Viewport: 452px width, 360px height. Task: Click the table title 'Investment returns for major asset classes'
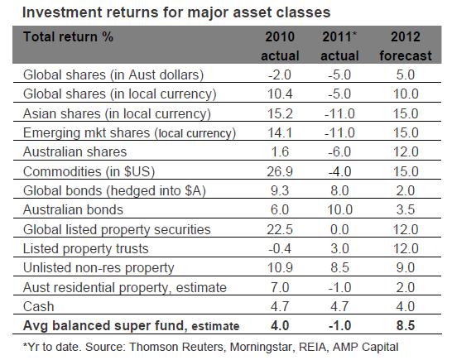tap(176, 13)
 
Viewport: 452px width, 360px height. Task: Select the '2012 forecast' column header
tap(406, 46)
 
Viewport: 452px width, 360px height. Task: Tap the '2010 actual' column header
tap(280, 46)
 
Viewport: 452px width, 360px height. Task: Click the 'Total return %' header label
tap(68, 37)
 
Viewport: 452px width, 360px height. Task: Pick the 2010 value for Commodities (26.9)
tap(280, 172)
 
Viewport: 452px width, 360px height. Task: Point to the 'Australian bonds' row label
tap(73, 210)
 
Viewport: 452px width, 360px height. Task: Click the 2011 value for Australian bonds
tap(340, 210)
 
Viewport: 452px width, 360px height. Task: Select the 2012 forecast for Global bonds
tap(406, 191)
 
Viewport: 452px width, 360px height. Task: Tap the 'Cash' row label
tap(39, 307)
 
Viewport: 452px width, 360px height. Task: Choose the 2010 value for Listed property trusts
tap(280, 249)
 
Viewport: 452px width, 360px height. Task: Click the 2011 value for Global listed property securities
tap(340, 230)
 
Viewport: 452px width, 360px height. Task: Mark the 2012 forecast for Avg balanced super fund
tap(406, 326)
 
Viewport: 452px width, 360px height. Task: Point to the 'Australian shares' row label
tap(75, 152)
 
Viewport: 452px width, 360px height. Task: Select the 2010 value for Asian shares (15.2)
tap(280, 113)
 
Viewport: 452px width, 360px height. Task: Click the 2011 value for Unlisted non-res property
tap(340, 268)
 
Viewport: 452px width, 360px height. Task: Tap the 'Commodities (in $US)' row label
tap(89, 172)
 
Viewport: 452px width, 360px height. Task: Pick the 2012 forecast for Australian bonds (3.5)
tap(406, 210)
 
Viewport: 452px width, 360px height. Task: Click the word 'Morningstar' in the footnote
tap(262, 348)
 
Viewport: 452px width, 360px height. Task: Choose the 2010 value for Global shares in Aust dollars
tap(280, 75)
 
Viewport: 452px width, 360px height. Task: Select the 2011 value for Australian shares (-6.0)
tap(339, 152)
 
